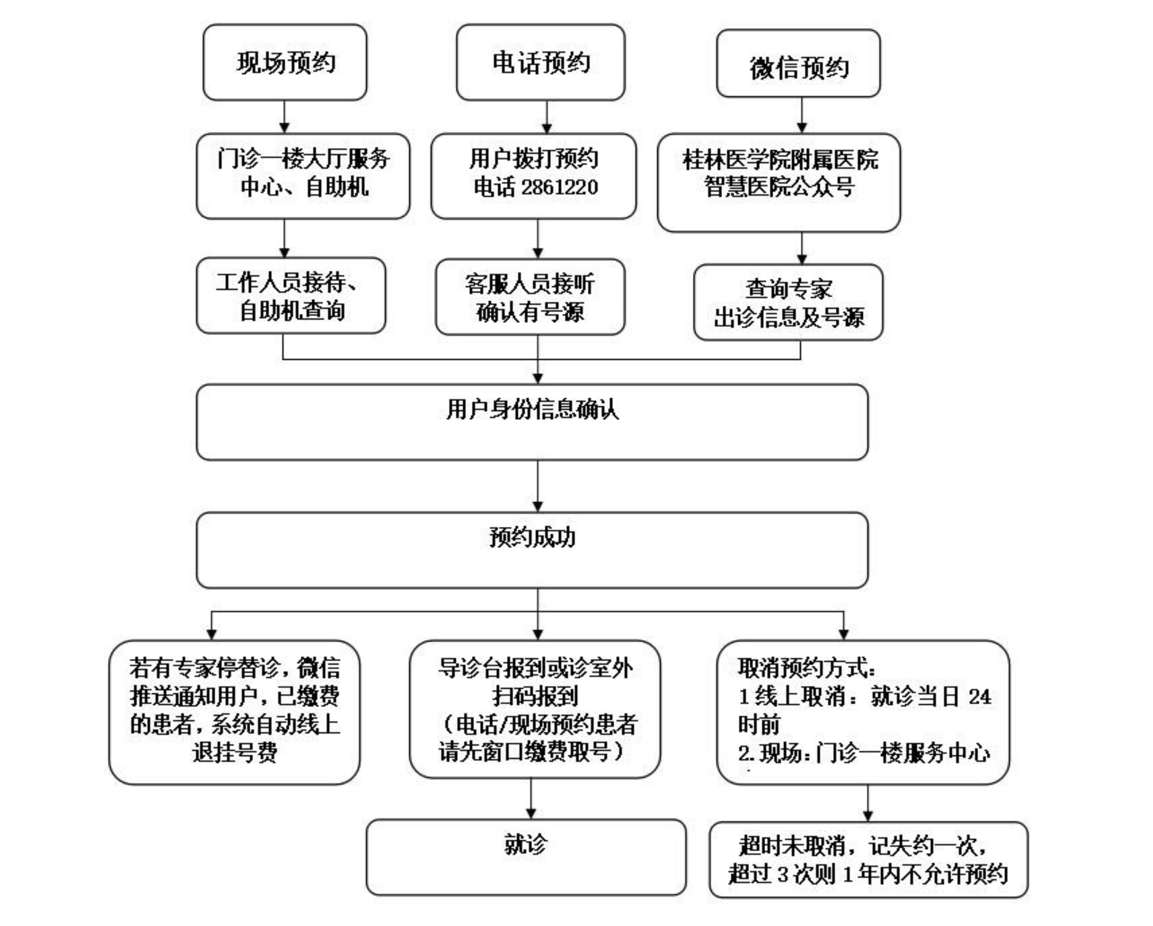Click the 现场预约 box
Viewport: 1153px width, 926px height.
tap(285, 62)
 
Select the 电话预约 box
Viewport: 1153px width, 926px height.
tap(540, 62)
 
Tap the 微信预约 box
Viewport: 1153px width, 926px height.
tap(798, 64)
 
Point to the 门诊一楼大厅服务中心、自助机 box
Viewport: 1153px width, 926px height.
tap(303, 176)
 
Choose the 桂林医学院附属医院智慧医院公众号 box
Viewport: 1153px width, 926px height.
tap(779, 183)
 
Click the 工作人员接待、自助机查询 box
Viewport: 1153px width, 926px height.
tap(291, 296)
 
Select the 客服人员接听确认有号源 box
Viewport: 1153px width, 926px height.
tap(530, 297)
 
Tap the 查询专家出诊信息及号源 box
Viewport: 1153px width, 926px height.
tap(788, 302)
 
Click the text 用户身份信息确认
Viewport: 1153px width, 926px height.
tap(532, 409)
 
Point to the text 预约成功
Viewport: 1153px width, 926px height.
tap(532, 537)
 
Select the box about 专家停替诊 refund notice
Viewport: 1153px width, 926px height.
tap(235, 712)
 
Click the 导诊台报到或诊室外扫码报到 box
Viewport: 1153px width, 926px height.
tap(535, 709)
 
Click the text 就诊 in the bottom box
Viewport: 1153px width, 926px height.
tap(526, 844)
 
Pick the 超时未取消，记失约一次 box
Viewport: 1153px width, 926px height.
tap(868, 860)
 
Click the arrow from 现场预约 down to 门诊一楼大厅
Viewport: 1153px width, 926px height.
tap(284, 117)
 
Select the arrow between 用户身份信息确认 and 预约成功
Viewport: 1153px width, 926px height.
tap(538, 486)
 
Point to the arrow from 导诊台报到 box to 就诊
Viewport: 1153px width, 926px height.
tap(531, 799)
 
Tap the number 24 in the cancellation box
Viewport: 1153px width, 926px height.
tap(980, 697)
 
